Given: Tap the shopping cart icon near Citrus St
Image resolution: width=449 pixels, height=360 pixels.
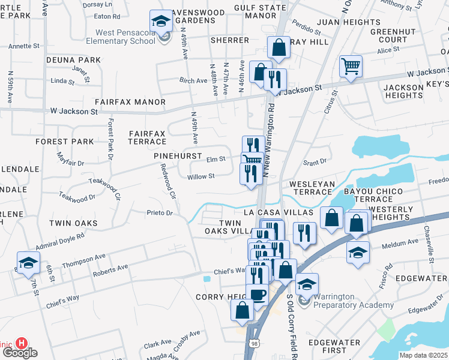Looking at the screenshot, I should coord(351,67).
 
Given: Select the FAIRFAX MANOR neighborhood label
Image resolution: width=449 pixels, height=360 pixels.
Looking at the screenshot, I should coord(129,102).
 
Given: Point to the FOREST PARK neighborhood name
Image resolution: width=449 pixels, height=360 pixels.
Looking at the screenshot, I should coord(64,142).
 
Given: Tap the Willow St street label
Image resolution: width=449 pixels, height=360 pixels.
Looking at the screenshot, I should coord(200,176).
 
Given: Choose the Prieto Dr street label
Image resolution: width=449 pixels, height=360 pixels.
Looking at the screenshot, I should coord(160,212).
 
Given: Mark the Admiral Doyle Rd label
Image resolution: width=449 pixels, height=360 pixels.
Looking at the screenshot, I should coord(61,241).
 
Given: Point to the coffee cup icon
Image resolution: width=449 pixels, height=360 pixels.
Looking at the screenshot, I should coord(258,295).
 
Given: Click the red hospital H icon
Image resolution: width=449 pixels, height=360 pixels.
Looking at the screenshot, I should coord(22,343).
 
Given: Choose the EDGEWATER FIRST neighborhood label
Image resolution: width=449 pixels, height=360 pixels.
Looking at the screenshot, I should coord(334,346).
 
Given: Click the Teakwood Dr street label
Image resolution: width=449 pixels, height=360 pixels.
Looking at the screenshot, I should coord(77,196).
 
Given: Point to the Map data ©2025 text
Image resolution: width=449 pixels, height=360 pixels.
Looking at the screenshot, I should coord(423,355).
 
